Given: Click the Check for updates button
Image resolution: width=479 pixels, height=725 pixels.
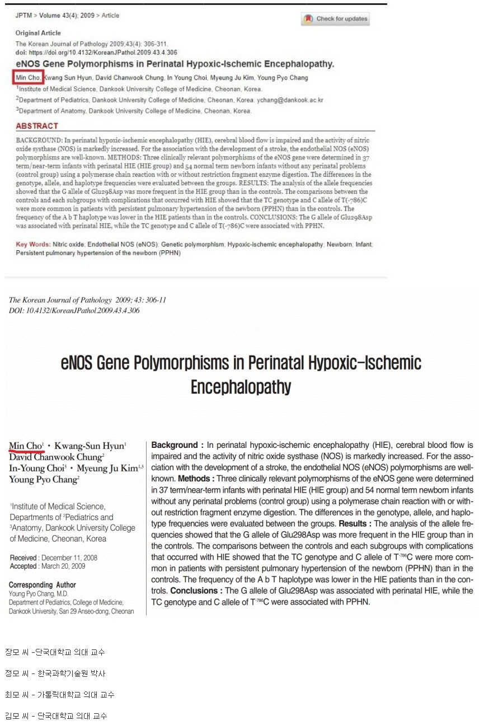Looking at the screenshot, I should (x=336, y=19).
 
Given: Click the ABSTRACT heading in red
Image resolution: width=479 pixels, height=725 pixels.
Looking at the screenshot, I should (x=37, y=126).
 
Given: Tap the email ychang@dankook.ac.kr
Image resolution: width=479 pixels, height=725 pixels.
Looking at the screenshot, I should (x=290, y=100).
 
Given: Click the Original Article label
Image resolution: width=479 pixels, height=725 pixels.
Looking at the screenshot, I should (x=38, y=33).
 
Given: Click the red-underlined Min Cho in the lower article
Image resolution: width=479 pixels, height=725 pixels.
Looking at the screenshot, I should (x=25, y=446).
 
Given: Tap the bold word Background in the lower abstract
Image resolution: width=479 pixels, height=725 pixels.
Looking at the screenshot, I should (x=175, y=446).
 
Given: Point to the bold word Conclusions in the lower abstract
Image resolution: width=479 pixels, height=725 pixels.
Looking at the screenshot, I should (x=196, y=591).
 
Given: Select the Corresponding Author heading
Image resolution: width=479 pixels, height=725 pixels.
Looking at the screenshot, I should (x=43, y=585).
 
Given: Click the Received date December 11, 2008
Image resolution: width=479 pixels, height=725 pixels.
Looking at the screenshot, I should (x=69, y=558).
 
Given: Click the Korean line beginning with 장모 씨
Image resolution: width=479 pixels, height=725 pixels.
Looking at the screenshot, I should (x=55, y=652).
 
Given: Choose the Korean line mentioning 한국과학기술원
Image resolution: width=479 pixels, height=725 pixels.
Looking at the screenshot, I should (x=55, y=673).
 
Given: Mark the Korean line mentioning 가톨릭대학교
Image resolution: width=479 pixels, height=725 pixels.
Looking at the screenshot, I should (x=59, y=695).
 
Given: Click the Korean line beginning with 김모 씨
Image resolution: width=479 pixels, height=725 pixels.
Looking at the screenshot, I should (x=56, y=716).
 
